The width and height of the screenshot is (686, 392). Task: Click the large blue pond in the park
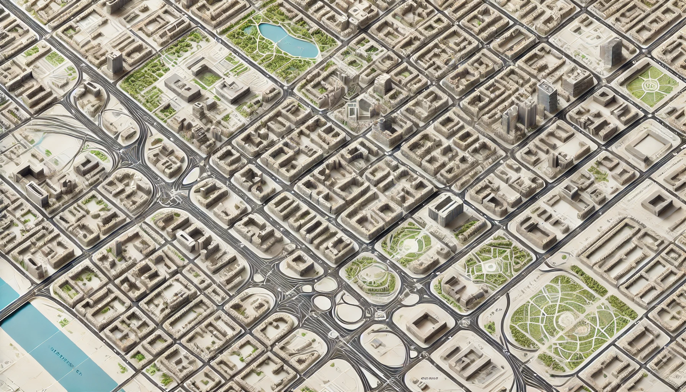[x=288, y=40]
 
